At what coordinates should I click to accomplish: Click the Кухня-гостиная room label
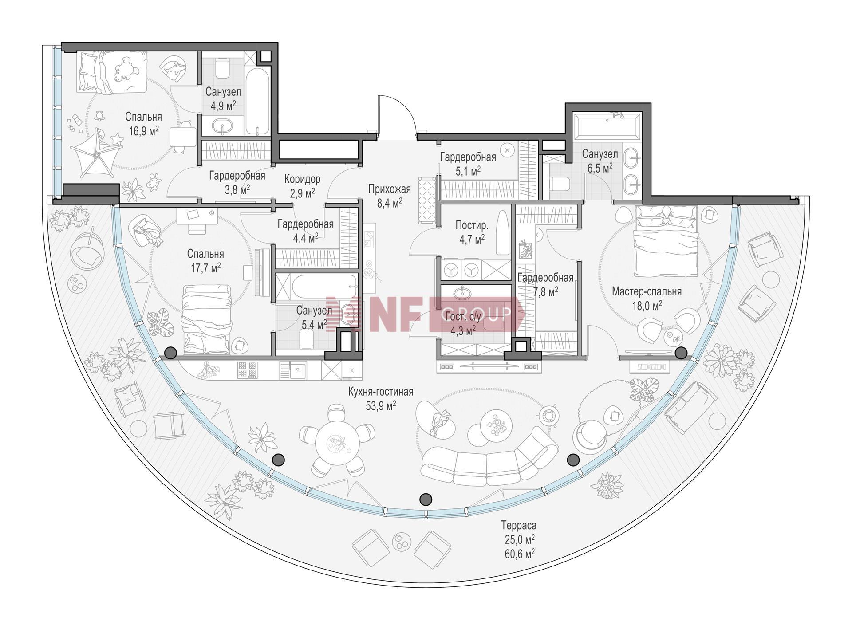(x=381, y=392)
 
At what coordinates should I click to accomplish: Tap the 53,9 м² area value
(x=381, y=406)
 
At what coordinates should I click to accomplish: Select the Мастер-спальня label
(x=647, y=292)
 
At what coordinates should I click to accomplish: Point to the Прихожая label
(x=389, y=189)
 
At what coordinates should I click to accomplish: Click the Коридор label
(x=302, y=179)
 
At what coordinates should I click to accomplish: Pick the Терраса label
(x=519, y=526)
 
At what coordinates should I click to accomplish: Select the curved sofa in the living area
(x=488, y=457)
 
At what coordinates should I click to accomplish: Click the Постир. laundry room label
(x=472, y=225)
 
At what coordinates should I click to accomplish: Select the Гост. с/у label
(x=462, y=317)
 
